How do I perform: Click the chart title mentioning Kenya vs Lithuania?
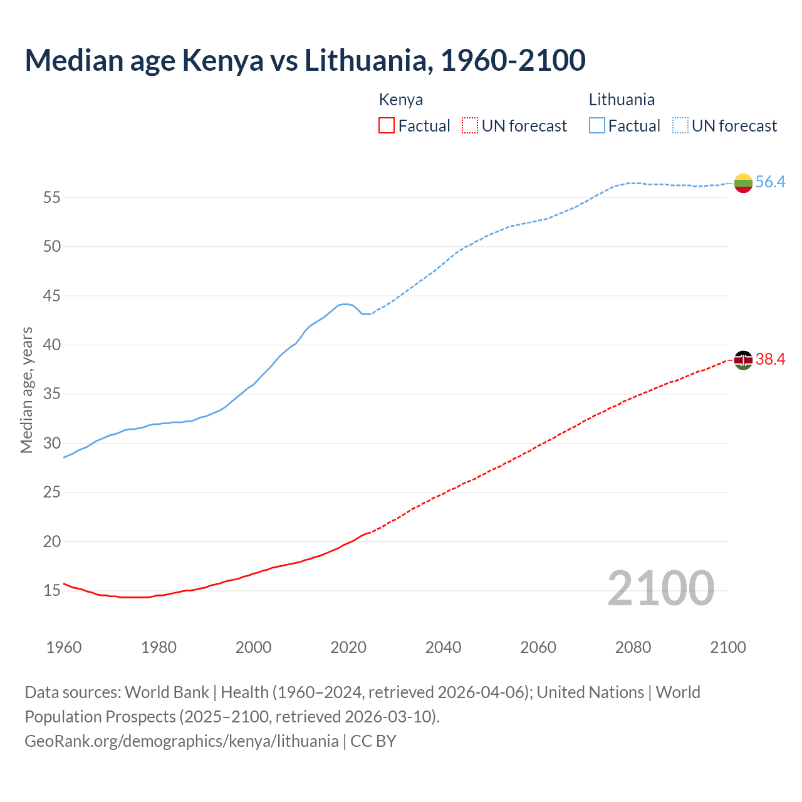coord(305,60)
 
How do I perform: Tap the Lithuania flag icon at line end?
coord(743,183)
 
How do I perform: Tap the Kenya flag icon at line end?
coord(743,360)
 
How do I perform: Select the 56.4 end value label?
coord(770,182)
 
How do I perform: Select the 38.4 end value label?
coord(770,360)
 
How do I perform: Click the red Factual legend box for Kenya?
coord(387,126)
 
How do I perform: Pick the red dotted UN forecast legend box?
coord(470,126)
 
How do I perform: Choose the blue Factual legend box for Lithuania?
coord(597,126)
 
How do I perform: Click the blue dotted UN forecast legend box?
coord(680,126)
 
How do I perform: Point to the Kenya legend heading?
coord(400,100)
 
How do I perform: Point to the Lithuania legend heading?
coord(622,100)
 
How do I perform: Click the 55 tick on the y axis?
coord(52,198)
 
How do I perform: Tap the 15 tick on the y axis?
coord(52,591)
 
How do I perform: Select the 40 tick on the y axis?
coord(52,345)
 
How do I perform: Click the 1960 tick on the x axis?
coord(64,647)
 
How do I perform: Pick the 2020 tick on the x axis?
coord(348,647)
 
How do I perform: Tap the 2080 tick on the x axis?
coord(633,647)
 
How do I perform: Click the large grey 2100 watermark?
coord(660,588)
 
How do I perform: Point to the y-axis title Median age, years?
coord(26,390)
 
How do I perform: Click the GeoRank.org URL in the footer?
coord(181,741)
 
